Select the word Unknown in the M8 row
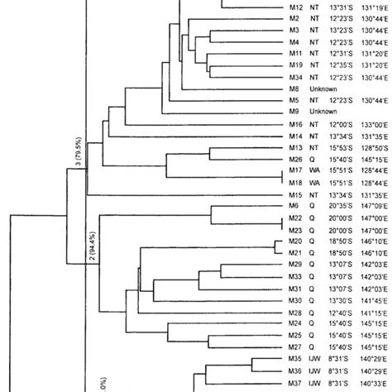click(x=324, y=88)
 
